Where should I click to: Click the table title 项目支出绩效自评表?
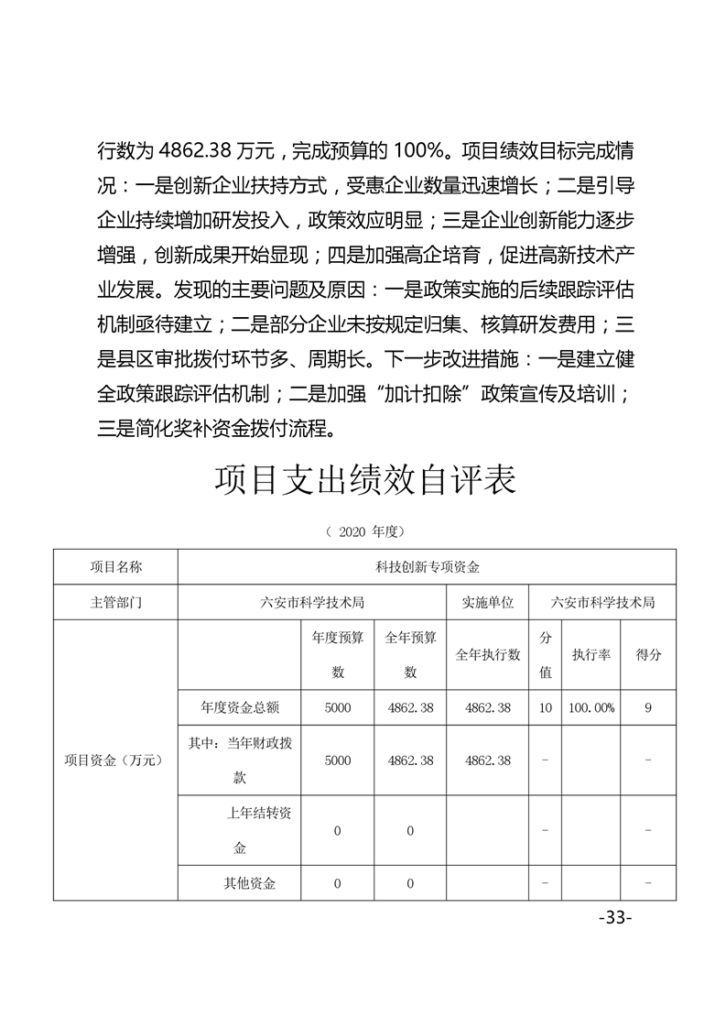pos(363,480)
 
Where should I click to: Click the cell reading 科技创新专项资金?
pos(427,566)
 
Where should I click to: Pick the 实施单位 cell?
pos(488,602)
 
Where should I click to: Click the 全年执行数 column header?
pos(488,654)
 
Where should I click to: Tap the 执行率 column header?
pos(591,654)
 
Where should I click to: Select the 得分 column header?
pos(648,654)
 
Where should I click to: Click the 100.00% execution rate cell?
pos(591,708)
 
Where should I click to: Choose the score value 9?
pos(648,708)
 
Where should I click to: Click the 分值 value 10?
pos(546,708)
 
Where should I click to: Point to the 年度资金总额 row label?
pos(240,708)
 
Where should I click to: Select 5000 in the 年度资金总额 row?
pos(338,708)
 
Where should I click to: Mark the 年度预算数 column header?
pos(338,654)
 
